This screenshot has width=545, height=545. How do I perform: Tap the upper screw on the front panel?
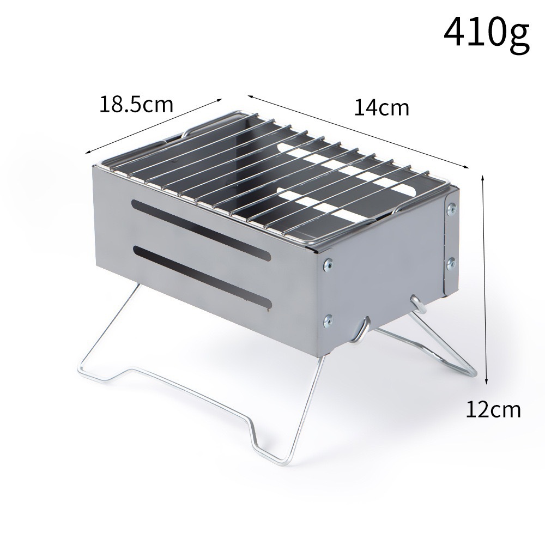(x=328, y=265)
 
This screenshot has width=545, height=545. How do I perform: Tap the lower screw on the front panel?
(x=328, y=321)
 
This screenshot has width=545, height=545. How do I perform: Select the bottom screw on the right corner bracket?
(x=451, y=263)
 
